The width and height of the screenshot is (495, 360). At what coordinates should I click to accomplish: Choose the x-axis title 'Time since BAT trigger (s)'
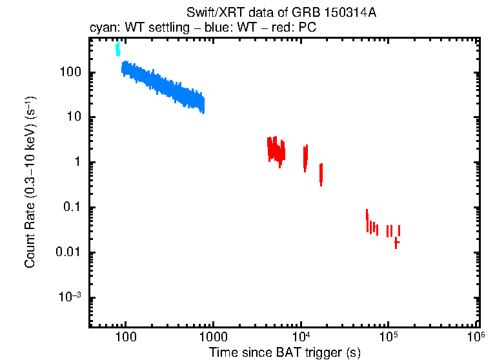point(285,353)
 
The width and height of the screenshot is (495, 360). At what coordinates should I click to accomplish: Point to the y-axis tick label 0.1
point(72,208)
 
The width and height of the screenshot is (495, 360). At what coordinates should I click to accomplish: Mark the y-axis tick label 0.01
point(68,253)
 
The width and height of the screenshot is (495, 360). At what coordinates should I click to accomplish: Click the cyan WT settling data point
point(117,49)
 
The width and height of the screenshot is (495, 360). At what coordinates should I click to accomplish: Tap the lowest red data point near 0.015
point(396,243)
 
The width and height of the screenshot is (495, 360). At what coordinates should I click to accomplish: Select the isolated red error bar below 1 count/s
point(321,174)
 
